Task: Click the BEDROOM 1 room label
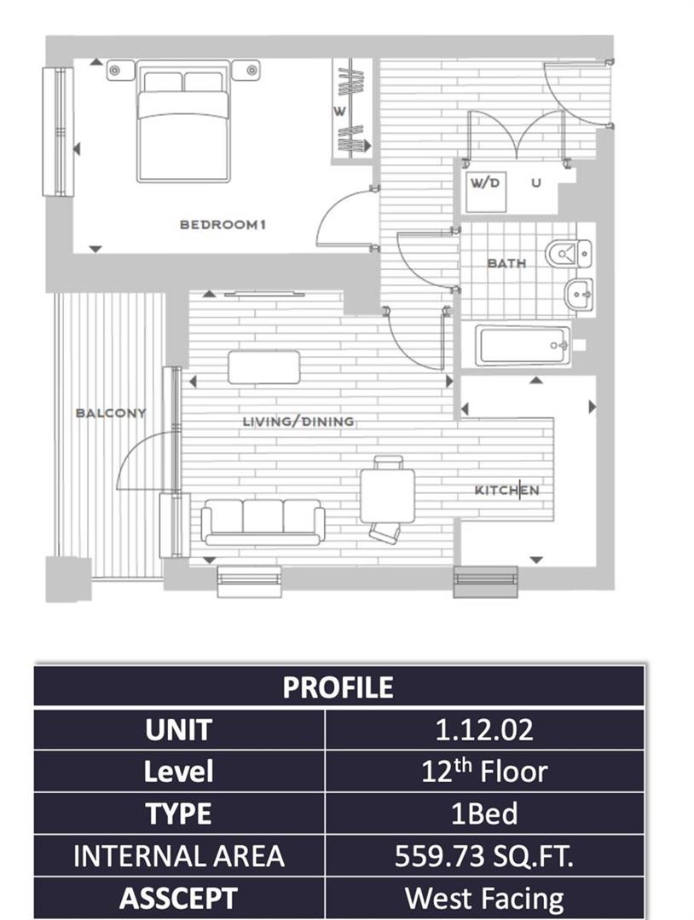223,225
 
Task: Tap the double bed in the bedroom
183,126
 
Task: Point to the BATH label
506,263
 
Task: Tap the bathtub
523,345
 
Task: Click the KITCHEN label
506,491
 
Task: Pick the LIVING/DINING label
298,422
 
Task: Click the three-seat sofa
263,521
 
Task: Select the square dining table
387,495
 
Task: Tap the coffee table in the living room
264,367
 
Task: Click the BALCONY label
111,413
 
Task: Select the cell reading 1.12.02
483,730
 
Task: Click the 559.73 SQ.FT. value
483,856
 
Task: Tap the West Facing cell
483,898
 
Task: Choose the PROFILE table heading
338,687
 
